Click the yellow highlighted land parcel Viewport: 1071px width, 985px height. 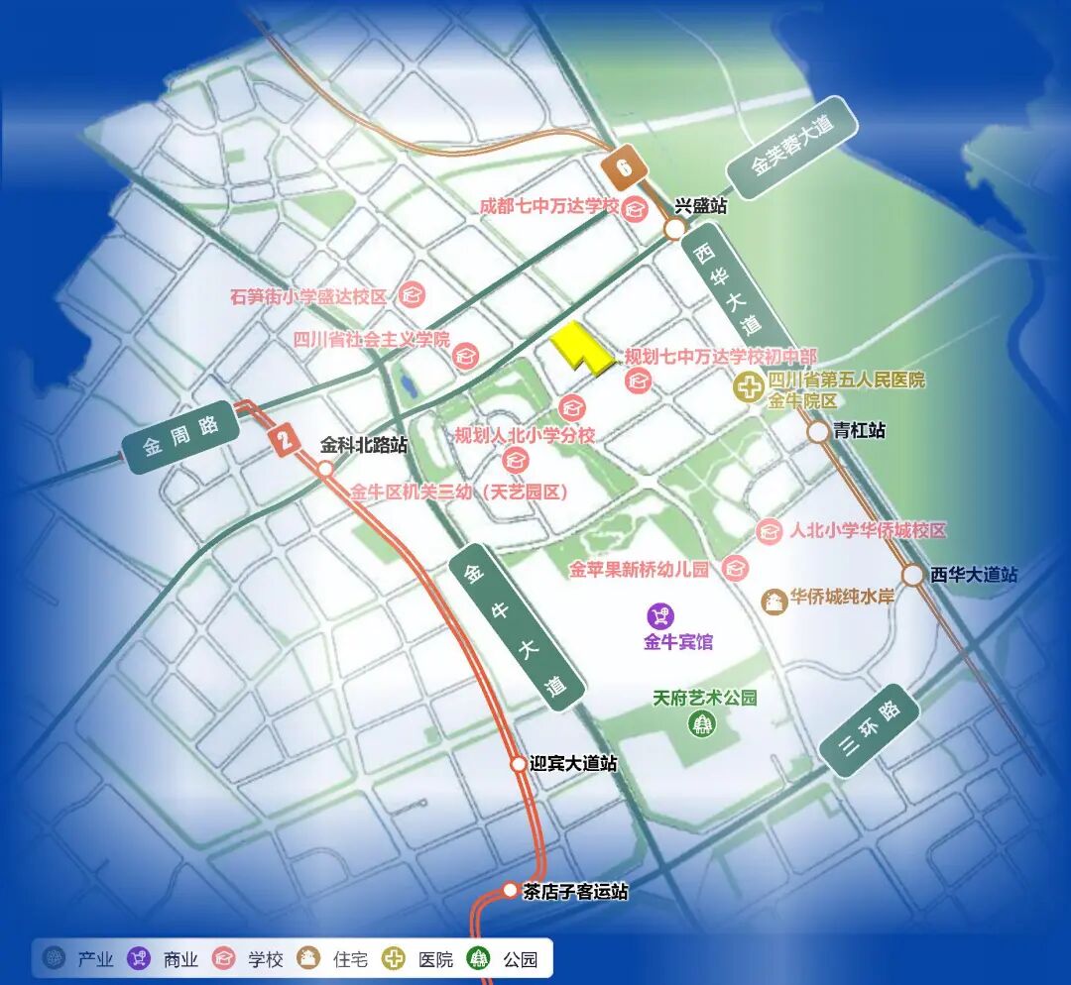579,349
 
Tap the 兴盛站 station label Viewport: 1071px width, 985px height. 701,206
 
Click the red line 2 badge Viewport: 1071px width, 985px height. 285,439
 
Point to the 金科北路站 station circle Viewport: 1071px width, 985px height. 325,469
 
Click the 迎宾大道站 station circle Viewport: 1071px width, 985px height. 518,764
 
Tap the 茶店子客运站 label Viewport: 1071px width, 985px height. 576,892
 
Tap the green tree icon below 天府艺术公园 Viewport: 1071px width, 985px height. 704,723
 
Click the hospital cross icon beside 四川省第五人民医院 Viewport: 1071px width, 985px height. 750,388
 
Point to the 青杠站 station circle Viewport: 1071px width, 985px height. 818,432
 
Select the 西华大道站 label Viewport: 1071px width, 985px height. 974,574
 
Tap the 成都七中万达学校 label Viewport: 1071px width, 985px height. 548,206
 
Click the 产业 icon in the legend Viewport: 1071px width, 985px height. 56,959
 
